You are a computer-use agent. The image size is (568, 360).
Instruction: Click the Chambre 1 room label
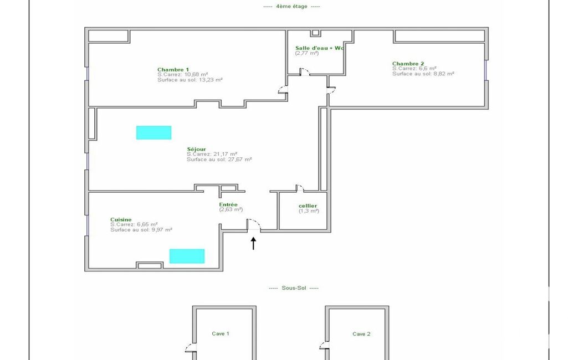pyautogui.click(x=173, y=70)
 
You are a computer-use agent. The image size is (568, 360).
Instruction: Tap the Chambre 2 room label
pyautogui.click(x=408, y=63)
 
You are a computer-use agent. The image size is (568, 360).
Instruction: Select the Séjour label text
pyautogui.click(x=196, y=149)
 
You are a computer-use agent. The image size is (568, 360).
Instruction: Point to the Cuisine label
pyautogui.click(x=121, y=219)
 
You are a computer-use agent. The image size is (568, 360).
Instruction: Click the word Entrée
pyautogui.click(x=228, y=204)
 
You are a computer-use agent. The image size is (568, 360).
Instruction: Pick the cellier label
pyautogui.click(x=308, y=205)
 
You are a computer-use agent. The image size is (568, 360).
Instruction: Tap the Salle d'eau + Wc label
pyautogui.click(x=319, y=48)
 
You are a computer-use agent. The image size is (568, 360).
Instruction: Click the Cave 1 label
pyautogui.click(x=221, y=333)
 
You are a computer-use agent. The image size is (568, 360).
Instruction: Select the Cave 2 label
pyautogui.click(x=361, y=334)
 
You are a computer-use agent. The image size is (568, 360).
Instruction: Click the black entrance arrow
pyautogui.click(x=254, y=243)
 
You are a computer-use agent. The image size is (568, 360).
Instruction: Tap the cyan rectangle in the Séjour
pyautogui.click(x=153, y=132)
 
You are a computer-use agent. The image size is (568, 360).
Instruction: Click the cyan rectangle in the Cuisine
pyautogui.click(x=187, y=256)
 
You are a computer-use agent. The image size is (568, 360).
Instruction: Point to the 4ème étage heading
pyautogui.click(x=291, y=6)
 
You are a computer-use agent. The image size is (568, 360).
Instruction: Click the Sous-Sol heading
pyautogui.click(x=294, y=288)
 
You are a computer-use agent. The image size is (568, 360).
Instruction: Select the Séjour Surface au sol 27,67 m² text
pyautogui.click(x=219, y=160)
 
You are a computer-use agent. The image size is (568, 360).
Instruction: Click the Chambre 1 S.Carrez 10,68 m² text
pyautogui.click(x=182, y=75)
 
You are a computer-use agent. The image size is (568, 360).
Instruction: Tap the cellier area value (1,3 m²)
pyautogui.click(x=309, y=211)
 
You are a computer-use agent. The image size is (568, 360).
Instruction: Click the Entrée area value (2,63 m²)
pyautogui.click(x=231, y=209)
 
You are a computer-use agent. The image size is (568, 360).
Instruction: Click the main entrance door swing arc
pyautogui.click(x=257, y=221)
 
